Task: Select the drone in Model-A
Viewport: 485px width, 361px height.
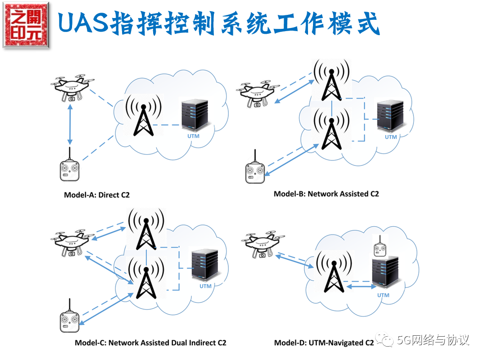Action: (72, 88)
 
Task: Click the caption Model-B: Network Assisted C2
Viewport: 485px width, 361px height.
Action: (326, 194)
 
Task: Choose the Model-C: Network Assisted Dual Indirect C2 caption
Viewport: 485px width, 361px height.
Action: (150, 343)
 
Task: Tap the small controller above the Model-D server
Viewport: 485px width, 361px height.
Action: (380, 247)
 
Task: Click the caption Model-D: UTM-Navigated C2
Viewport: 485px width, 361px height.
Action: (324, 343)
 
